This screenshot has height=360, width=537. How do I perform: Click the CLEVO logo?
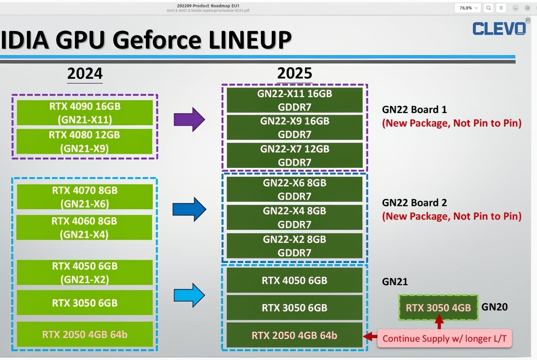499,28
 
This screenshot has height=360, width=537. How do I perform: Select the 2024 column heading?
85,73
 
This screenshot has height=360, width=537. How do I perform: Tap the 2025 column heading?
294,73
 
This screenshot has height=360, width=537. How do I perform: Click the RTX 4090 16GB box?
85,112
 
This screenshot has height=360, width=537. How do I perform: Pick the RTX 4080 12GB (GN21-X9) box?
85,141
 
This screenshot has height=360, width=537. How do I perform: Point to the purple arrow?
189,119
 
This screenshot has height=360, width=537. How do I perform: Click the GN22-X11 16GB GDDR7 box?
294,100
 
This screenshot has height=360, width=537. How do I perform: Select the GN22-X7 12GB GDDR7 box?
294,155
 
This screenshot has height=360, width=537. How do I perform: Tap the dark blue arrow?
189,209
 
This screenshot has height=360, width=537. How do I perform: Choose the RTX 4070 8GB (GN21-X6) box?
85,197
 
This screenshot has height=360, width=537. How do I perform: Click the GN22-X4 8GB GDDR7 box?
294,217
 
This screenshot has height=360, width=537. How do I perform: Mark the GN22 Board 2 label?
414,203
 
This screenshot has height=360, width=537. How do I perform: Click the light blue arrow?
189,295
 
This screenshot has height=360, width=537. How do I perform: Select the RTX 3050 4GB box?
438,307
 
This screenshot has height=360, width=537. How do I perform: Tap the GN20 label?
494,307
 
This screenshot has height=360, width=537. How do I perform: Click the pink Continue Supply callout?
444,338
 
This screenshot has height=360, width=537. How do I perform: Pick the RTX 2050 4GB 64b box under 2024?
85,334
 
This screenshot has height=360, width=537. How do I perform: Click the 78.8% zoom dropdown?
468,8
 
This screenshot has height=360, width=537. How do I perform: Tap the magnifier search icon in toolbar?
488,8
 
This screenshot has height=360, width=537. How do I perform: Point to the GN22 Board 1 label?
414,109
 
